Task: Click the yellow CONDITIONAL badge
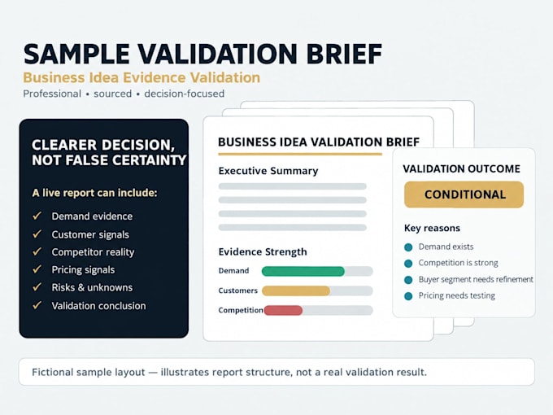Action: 464,194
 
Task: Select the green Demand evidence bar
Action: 303,271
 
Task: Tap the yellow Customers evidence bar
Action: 296,290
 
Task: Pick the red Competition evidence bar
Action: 283,310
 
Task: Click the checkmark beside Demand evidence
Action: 37,216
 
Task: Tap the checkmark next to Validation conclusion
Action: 37,305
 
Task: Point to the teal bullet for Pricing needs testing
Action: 408,296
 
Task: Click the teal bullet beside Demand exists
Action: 408,247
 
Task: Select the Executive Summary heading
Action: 268,171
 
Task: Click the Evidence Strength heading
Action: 263,252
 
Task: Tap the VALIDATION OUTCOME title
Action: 461,168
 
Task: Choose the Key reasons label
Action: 432,228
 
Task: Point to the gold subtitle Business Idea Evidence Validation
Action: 142,77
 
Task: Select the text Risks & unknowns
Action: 92,287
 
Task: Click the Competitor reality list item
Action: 93,252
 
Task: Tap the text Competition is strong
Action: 458,263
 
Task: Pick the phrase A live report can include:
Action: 94,193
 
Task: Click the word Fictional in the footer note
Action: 52,372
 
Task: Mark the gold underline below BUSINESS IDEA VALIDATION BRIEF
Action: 300,154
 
